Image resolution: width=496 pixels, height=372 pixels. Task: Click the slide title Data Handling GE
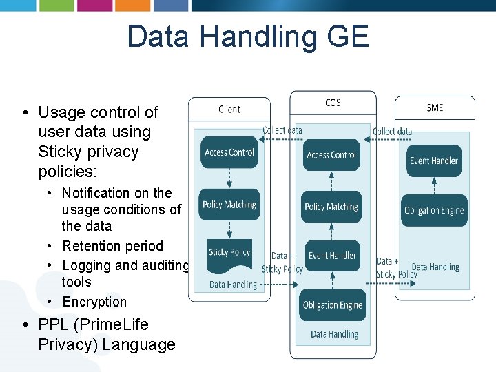[x=248, y=37]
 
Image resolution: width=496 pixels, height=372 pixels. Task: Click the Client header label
[x=229, y=109]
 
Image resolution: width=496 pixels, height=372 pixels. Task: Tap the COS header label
[x=333, y=103]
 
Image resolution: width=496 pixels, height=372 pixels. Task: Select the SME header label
[x=435, y=107]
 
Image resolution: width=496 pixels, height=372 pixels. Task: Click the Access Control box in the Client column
[x=229, y=152]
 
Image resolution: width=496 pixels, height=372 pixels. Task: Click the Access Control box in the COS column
[x=331, y=155]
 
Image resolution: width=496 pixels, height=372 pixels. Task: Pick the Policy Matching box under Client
[x=229, y=205]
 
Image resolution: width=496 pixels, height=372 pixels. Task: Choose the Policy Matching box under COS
[x=331, y=207]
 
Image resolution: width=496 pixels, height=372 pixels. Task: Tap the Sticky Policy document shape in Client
[x=229, y=253]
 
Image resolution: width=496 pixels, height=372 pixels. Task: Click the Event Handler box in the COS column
[x=332, y=256]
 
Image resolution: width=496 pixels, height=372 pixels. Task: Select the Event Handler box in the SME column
[x=434, y=161]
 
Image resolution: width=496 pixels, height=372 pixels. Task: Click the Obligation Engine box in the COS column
[x=333, y=305]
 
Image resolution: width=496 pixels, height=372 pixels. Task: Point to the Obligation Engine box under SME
[x=434, y=211]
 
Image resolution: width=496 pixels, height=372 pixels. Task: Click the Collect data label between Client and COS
[x=282, y=130]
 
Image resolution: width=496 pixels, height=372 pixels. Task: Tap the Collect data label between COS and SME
[x=392, y=131]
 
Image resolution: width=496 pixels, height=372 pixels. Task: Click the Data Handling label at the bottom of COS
[x=334, y=334]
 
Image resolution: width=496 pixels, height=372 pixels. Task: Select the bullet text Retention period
[x=113, y=246]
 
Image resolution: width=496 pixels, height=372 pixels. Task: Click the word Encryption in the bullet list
[x=95, y=302]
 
